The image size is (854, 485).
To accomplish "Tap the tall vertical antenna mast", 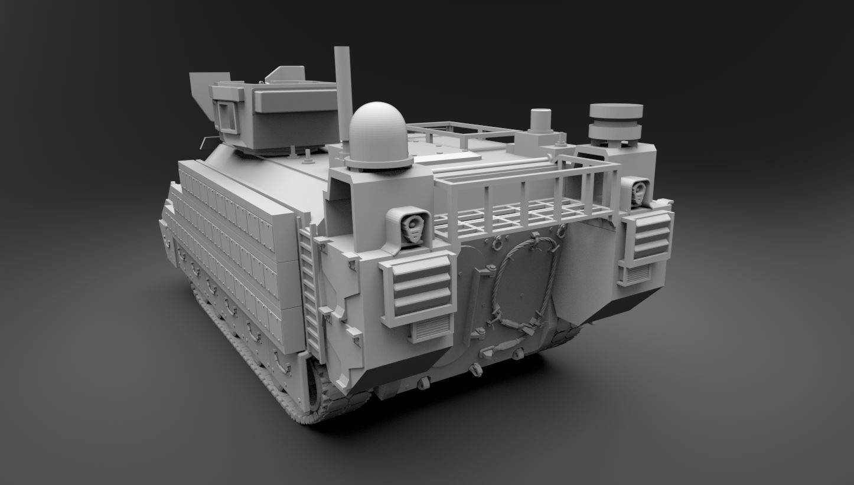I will click(x=343, y=89).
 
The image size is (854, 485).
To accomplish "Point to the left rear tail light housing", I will click(x=408, y=228).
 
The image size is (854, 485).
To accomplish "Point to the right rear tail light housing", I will click(x=636, y=192).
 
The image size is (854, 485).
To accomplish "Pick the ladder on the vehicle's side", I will click(x=311, y=289).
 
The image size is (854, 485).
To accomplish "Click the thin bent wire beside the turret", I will click(x=206, y=141).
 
